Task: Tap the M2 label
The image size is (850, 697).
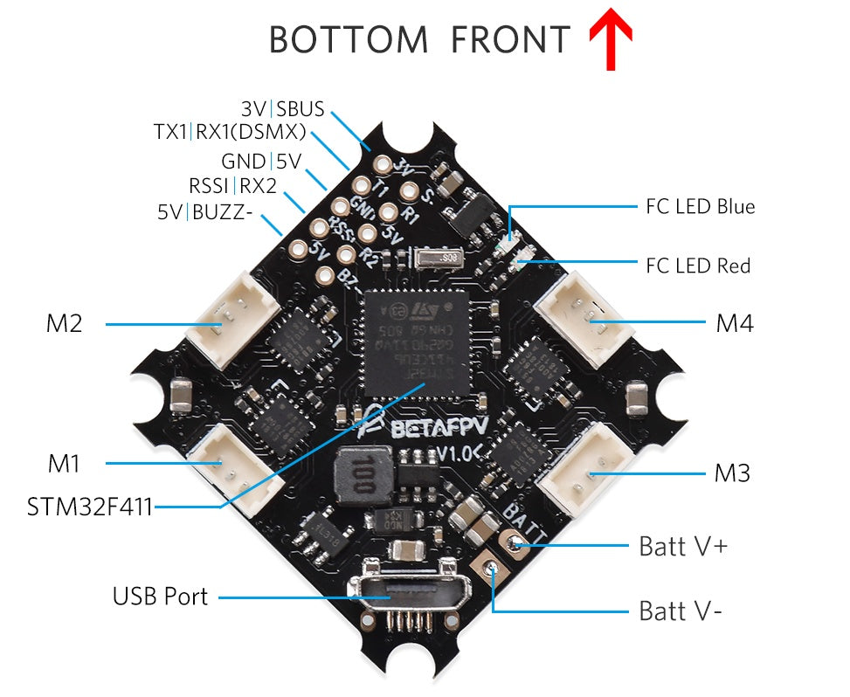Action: (x=64, y=324)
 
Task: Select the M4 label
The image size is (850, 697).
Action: (x=735, y=324)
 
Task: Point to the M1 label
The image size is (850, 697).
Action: (x=64, y=463)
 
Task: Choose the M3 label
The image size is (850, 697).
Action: (x=732, y=474)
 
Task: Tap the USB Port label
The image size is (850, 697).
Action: (x=160, y=597)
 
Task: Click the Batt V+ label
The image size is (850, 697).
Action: (x=683, y=547)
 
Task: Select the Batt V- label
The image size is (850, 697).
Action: (x=681, y=611)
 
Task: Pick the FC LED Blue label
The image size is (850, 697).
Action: (x=700, y=207)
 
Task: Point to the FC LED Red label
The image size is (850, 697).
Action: (x=697, y=266)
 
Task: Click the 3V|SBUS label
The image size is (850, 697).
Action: (x=282, y=110)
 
